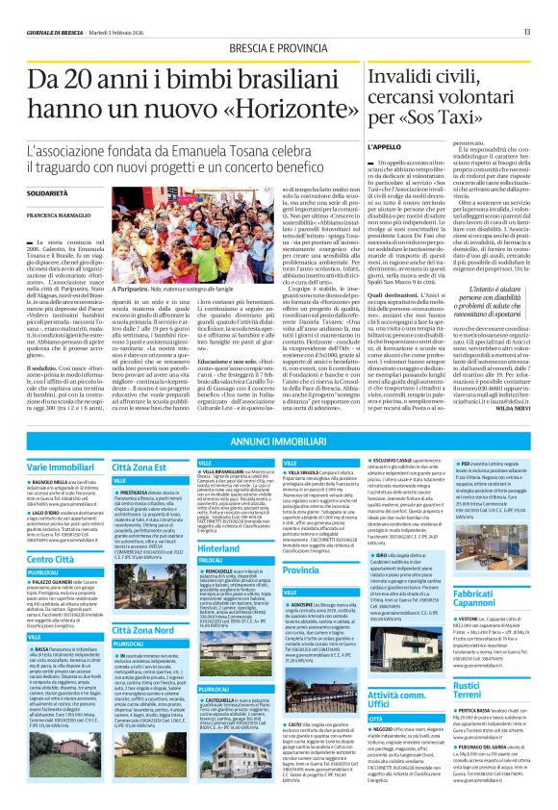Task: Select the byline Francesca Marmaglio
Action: point(60,215)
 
